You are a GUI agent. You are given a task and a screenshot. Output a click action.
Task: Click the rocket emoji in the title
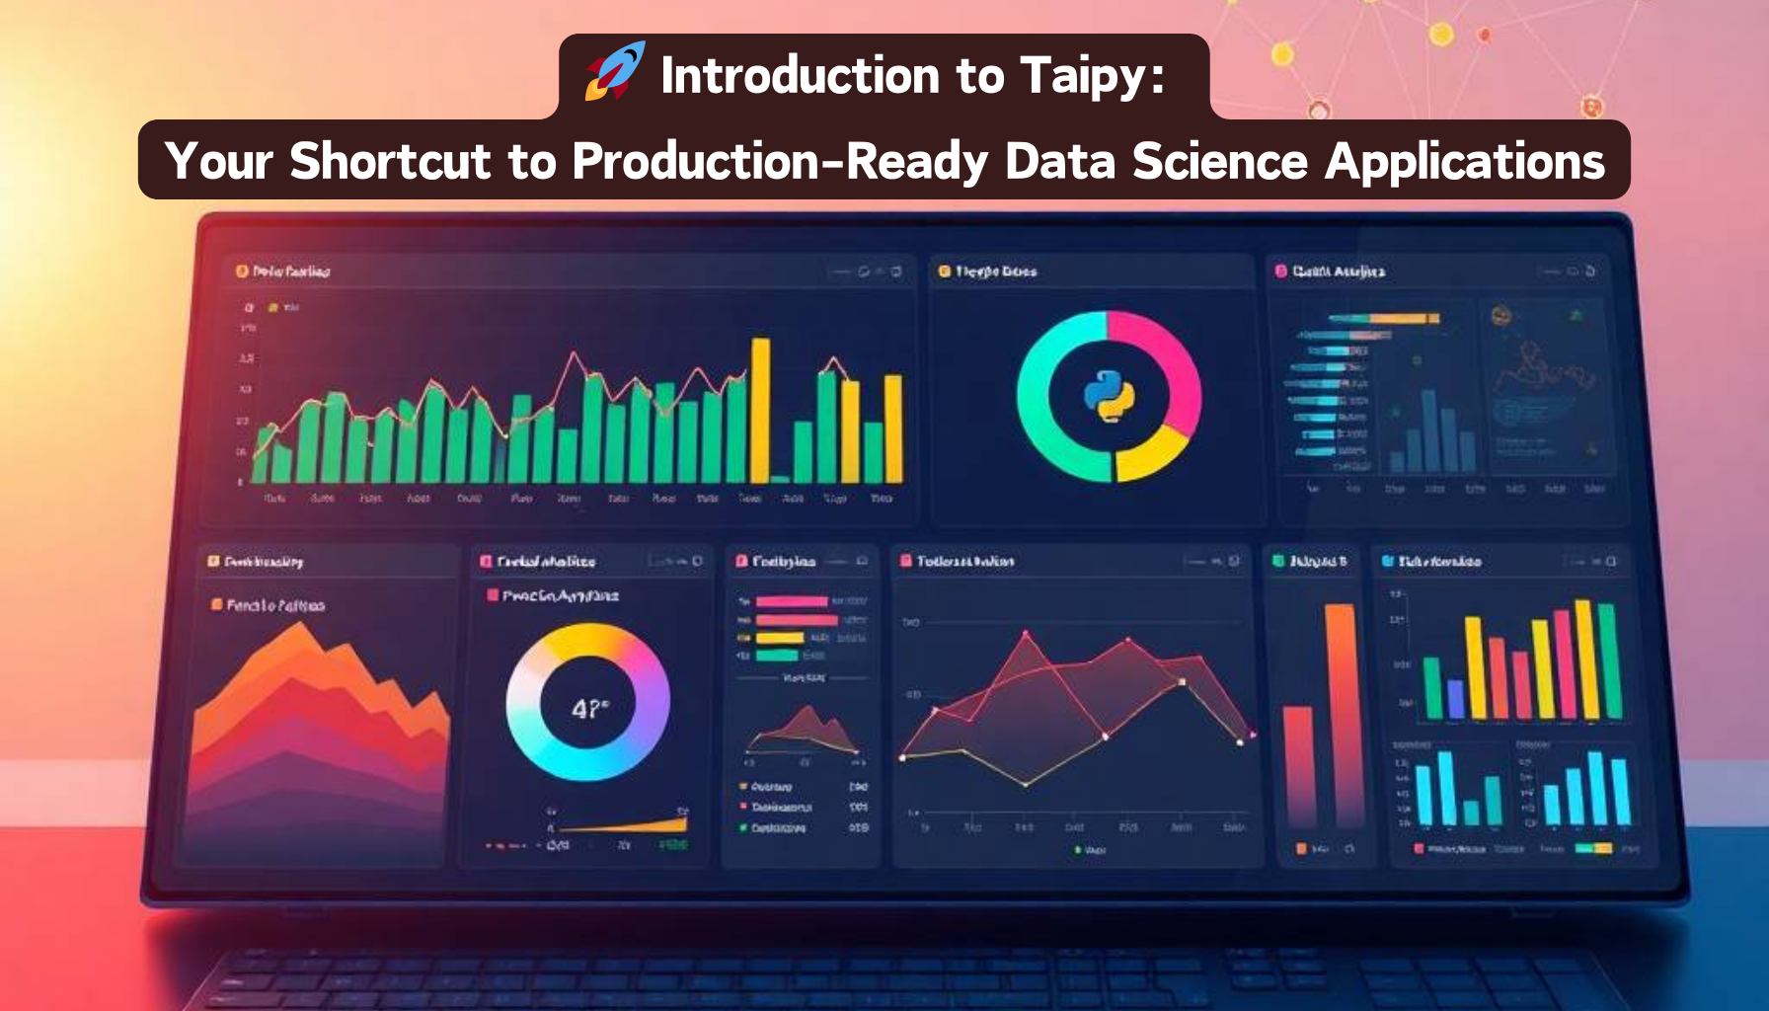tap(615, 71)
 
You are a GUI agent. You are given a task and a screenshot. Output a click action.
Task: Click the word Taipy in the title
tap(1092, 76)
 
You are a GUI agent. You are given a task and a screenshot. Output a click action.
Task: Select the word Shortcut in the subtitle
tap(390, 161)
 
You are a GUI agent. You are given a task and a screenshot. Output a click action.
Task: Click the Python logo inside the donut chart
tap(1109, 396)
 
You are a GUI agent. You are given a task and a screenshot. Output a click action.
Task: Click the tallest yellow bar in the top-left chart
tap(760, 410)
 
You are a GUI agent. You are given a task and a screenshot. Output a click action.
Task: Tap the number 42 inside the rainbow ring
tap(588, 708)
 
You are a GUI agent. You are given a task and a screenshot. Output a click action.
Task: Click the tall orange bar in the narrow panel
tap(1340, 711)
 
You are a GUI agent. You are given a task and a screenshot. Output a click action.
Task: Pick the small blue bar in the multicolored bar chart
tap(1454, 698)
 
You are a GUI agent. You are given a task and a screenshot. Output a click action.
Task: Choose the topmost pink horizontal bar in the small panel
tap(791, 601)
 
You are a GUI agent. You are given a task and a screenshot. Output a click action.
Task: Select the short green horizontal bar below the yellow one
tap(777, 656)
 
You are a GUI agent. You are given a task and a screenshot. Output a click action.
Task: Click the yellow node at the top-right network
tap(1441, 35)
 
